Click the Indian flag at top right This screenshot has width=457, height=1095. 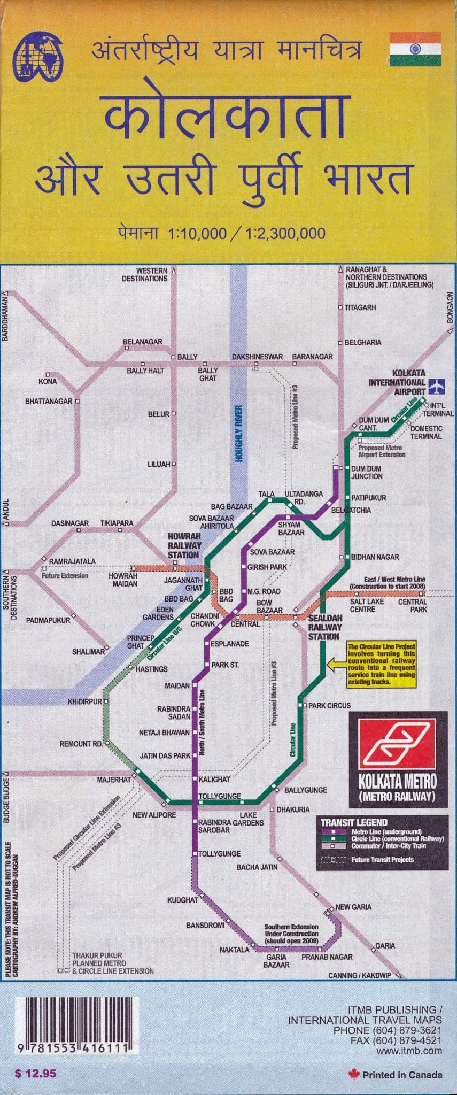(415, 49)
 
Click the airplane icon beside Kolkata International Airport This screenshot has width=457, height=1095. (437, 384)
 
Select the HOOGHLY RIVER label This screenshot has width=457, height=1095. (239, 434)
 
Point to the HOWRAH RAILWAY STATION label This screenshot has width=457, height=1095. (184, 545)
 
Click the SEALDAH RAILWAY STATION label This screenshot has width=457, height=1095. (324, 627)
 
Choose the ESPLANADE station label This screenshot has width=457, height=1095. (229, 644)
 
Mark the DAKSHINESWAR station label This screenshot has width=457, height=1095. (257, 357)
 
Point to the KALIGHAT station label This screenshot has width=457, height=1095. (214, 780)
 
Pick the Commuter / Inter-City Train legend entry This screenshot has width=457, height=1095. (389, 846)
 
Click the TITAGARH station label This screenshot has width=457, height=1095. (360, 307)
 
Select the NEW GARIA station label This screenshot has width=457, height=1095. (353, 907)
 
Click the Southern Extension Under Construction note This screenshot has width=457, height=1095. (291, 934)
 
